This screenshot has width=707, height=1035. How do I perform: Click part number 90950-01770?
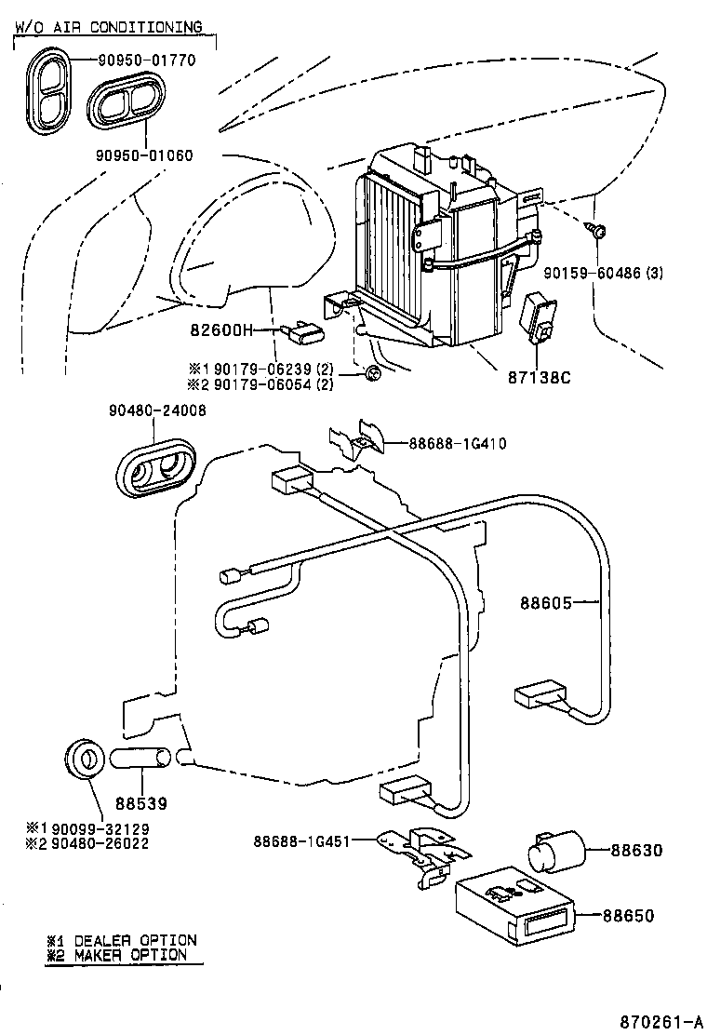point(148,60)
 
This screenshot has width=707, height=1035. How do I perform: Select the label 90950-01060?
point(144,155)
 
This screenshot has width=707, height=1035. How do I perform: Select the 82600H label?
point(222,329)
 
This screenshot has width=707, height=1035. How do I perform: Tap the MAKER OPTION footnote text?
point(130,954)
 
